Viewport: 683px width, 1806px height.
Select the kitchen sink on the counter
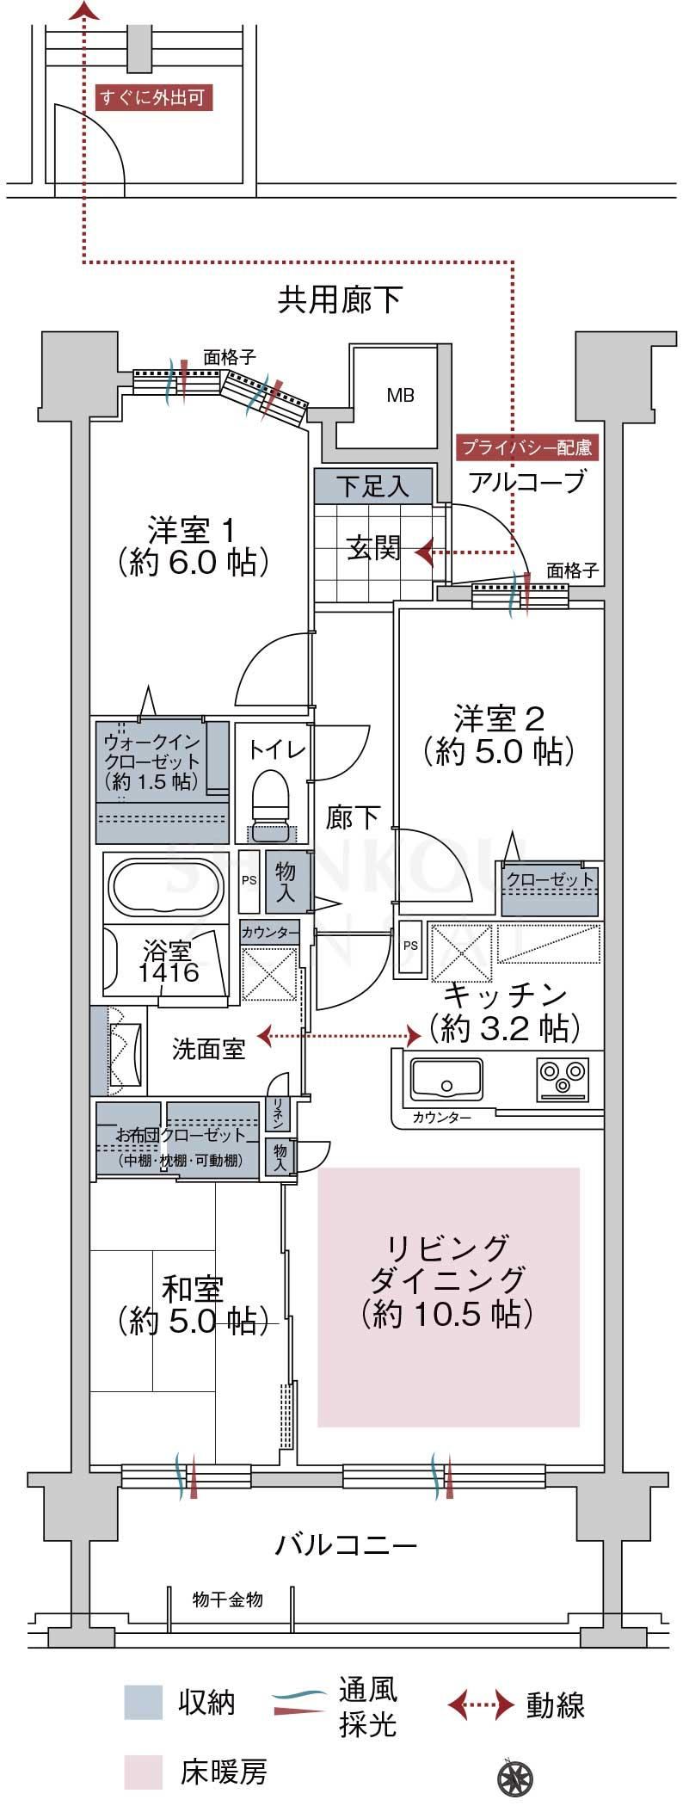coord(446,1079)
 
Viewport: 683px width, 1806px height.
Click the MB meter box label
coord(400,395)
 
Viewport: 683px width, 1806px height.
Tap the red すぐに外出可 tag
coord(153,98)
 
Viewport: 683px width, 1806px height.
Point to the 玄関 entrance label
coord(373,548)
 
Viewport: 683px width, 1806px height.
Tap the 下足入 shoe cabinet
coord(372,486)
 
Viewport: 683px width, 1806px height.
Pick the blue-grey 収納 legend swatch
coord(143,1702)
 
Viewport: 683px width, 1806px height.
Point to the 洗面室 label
coord(208,1049)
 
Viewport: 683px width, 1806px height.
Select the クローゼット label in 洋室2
coord(550,879)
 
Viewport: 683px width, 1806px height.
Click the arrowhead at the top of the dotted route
coord(84,9)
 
